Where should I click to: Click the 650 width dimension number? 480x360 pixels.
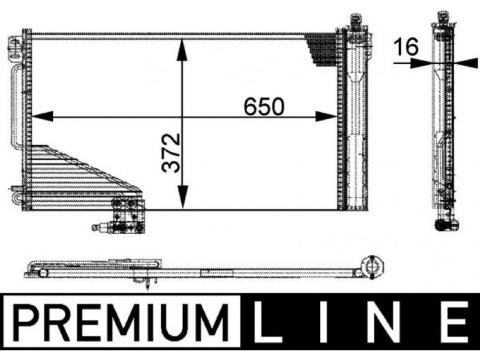pos(264,107)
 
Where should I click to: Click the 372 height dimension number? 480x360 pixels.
pos(171,152)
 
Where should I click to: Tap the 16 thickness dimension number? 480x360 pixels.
pos(406,47)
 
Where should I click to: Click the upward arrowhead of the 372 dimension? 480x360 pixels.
pos(182,50)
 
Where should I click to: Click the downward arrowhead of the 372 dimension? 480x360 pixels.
pos(182,197)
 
